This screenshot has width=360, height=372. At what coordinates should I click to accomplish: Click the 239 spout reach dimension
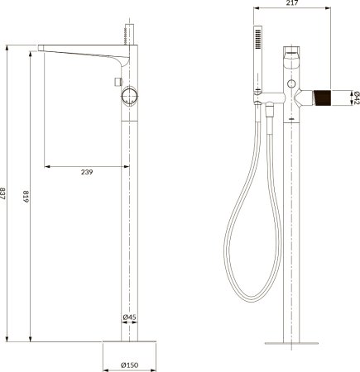point(86,171)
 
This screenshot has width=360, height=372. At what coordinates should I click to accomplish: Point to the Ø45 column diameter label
point(129,317)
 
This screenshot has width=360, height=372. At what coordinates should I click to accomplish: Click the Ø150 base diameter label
point(129,365)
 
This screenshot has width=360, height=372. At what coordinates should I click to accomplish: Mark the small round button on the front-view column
point(292,85)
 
